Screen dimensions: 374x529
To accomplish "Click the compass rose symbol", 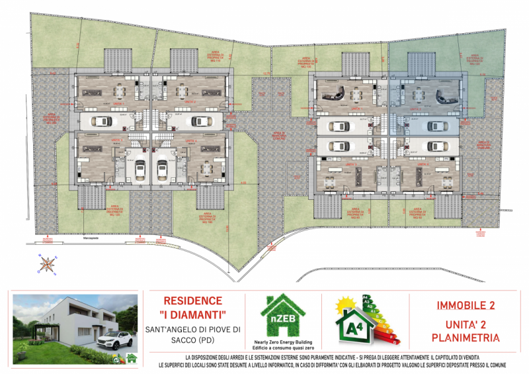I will [47, 264].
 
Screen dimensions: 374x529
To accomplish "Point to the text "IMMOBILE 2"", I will [466, 306].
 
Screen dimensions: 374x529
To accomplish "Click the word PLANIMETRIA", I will [466, 338].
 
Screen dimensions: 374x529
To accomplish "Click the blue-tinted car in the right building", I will [435, 126].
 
